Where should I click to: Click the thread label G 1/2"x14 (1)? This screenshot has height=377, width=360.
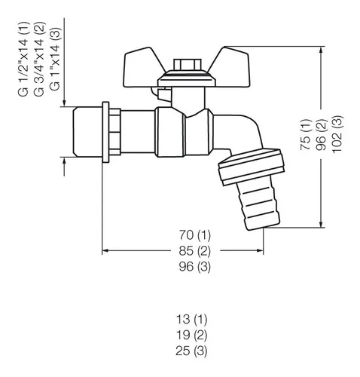pyautogui.click(x=23, y=60)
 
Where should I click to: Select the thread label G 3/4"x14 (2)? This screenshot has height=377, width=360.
pyautogui.click(x=39, y=60)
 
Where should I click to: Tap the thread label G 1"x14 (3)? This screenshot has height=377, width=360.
pyautogui.click(x=56, y=59)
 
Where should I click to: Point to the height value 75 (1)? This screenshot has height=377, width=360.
pyautogui.click(x=307, y=135)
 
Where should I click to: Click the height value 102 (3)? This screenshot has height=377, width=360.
pyautogui.click(x=337, y=134)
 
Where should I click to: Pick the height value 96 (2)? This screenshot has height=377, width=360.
pyautogui.click(x=322, y=135)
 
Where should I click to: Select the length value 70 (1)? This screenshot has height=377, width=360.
pyautogui.click(x=195, y=235)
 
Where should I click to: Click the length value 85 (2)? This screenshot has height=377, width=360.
pyautogui.click(x=195, y=251)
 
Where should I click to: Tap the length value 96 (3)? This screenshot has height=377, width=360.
pyautogui.click(x=195, y=266)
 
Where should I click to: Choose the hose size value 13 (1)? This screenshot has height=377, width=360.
pyautogui.click(x=191, y=319)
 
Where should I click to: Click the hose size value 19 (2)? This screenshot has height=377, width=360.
pyautogui.click(x=191, y=335)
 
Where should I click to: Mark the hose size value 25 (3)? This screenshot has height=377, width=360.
pyautogui.click(x=191, y=351)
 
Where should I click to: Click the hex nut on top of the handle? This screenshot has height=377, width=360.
pyautogui.click(x=188, y=65)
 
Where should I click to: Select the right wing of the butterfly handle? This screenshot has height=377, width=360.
pyautogui.click(x=232, y=68)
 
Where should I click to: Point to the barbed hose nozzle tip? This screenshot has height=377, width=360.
pyautogui.click(x=258, y=205)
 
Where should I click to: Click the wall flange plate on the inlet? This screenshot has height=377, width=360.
pyautogui.click(x=105, y=132)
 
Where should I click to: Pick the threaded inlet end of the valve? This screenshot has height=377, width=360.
pyautogui.click(x=87, y=132)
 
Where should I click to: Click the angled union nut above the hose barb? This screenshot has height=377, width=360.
pyautogui.click(x=252, y=167)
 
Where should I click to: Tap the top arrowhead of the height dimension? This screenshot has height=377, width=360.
pyautogui.click(x=321, y=51)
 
